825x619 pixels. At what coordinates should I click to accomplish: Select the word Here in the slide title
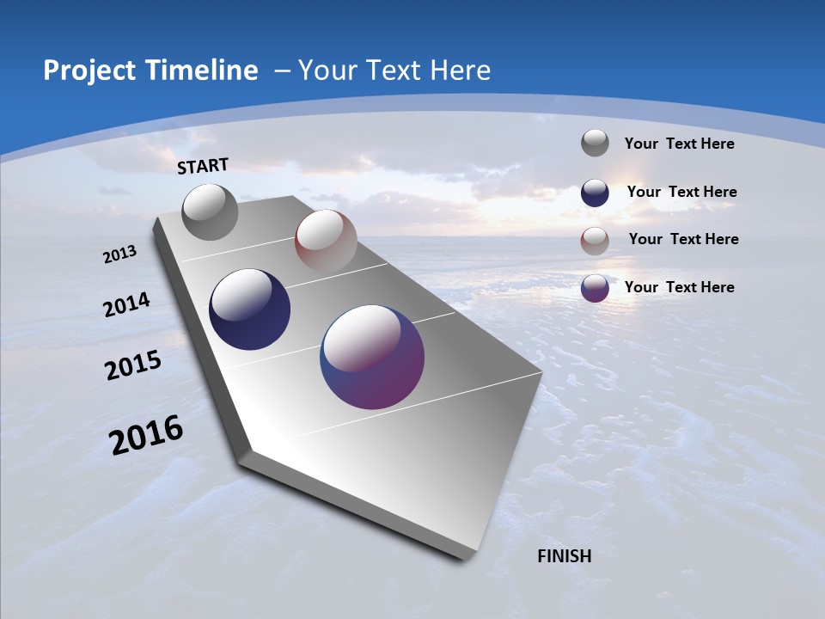click(x=461, y=70)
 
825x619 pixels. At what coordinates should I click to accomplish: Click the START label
click(x=203, y=166)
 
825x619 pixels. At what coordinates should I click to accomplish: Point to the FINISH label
click(x=565, y=556)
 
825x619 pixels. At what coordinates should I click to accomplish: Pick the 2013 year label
click(x=120, y=254)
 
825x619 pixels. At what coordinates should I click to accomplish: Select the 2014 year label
click(x=127, y=305)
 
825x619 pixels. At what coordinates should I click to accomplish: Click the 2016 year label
click(x=146, y=435)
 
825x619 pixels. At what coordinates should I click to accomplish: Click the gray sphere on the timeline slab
click(x=211, y=211)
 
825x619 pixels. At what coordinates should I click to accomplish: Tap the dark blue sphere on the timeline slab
click(x=249, y=309)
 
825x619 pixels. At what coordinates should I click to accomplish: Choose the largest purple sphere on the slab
click(x=372, y=356)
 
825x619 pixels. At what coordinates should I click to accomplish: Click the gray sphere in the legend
click(x=595, y=143)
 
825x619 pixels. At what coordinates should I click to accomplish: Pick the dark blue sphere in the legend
click(x=595, y=193)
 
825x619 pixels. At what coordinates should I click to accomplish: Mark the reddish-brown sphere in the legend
click(x=595, y=241)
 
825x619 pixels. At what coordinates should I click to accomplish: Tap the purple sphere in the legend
click(x=595, y=288)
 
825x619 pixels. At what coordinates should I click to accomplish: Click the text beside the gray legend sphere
click(x=679, y=144)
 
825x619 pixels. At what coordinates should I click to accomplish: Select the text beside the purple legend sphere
click(x=679, y=287)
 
